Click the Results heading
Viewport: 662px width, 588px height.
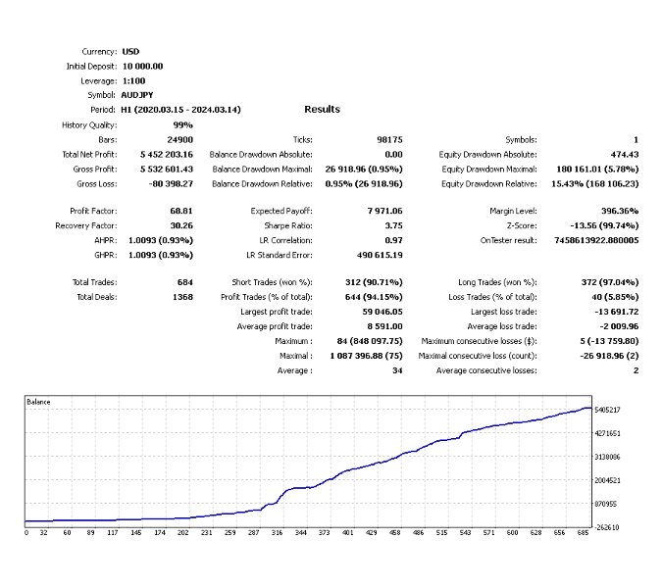click(322, 110)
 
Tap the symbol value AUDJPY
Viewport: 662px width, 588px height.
click(137, 95)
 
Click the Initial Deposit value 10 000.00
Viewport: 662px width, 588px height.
click(142, 66)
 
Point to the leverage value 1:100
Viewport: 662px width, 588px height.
click(134, 80)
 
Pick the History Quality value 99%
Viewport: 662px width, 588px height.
click(182, 125)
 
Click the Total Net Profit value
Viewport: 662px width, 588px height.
click(167, 155)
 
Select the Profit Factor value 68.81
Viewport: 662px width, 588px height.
click(180, 211)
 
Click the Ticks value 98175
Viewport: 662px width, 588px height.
click(389, 140)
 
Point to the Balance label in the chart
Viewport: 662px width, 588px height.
click(39, 403)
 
